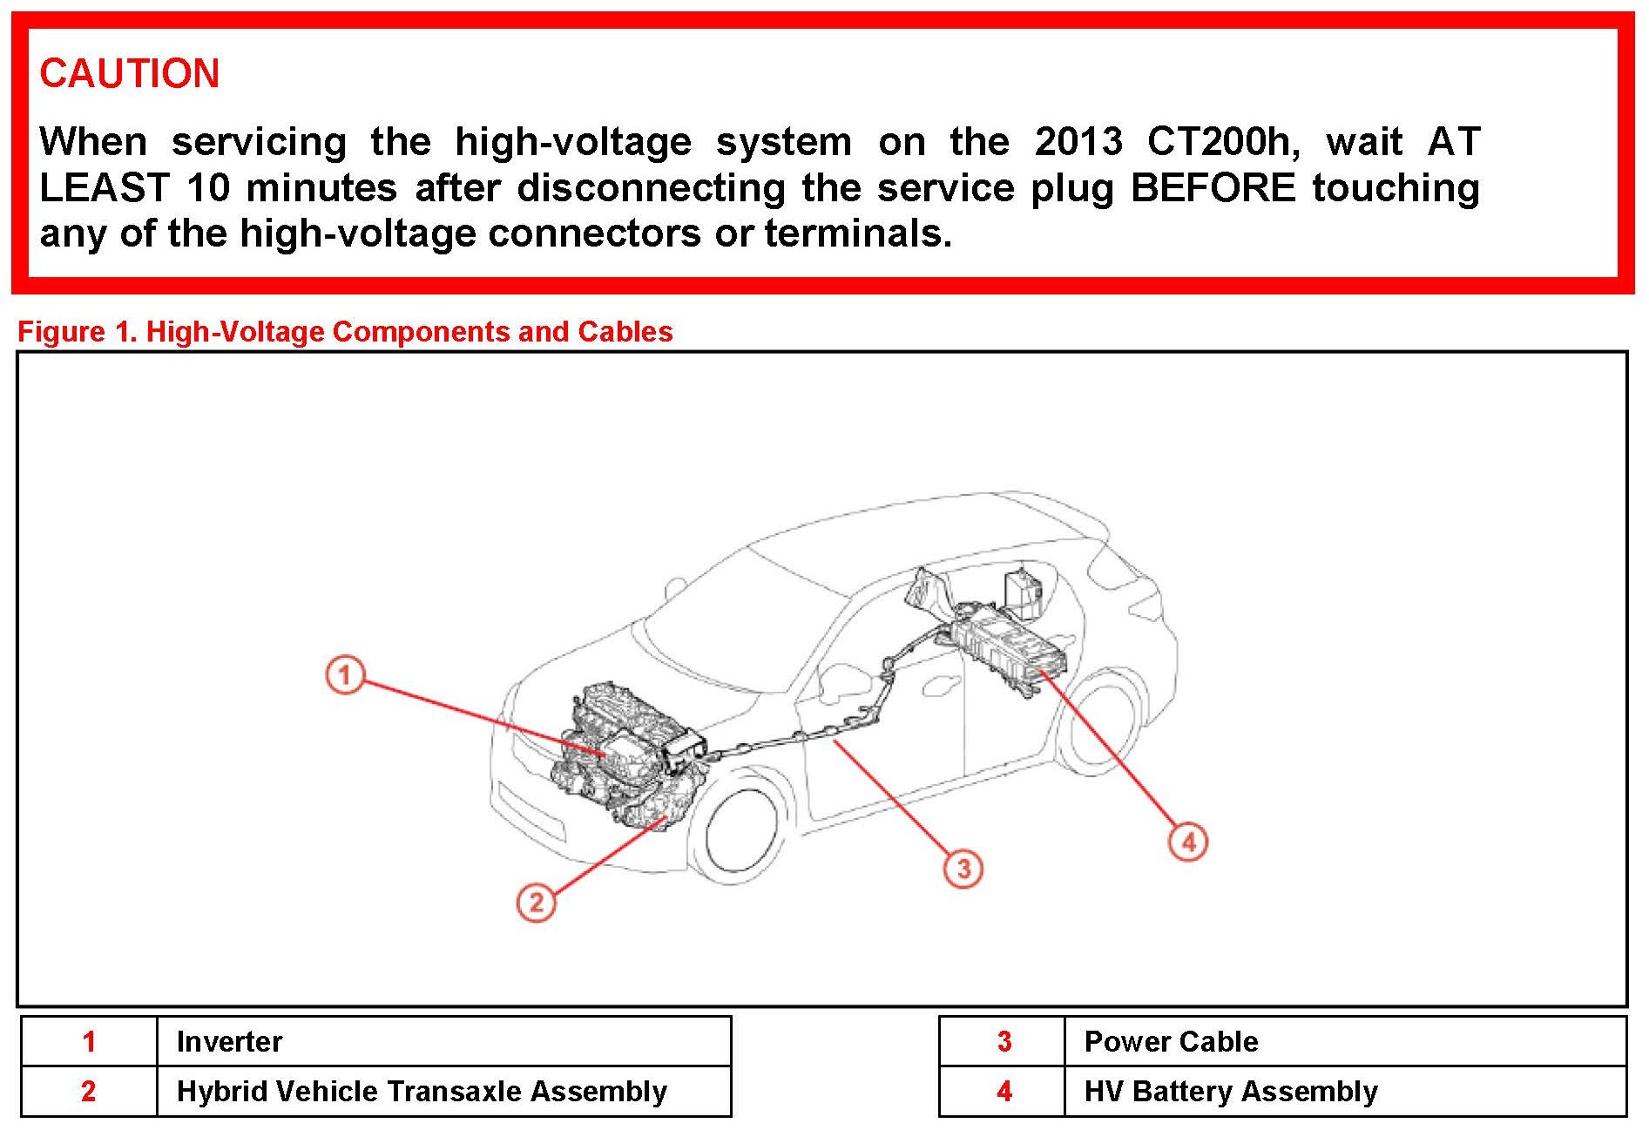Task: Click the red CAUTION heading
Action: pyautogui.click(x=129, y=73)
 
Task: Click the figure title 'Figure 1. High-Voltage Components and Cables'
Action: pyautogui.click(x=345, y=332)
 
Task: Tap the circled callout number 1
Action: pyautogui.click(x=345, y=674)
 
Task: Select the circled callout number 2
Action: pyautogui.click(x=536, y=902)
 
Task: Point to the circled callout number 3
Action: pyautogui.click(x=963, y=869)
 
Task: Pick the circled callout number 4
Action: pyautogui.click(x=1188, y=842)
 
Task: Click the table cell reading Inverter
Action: pyautogui.click(x=229, y=1041)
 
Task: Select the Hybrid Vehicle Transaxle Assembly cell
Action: pyautogui.click(x=422, y=1091)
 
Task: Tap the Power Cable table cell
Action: pyautogui.click(x=1171, y=1041)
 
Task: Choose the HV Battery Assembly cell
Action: pyautogui.click(x=1230, y=1091)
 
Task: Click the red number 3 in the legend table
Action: pyautogui.click(x=1004, y=1041)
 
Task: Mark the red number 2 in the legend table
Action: pyautogui.click(x=88, y=1091)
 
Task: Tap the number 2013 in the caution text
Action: pyautogui.click(x=1078, y=142)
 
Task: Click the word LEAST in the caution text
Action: pyautogui.click(x=104, y=188)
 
